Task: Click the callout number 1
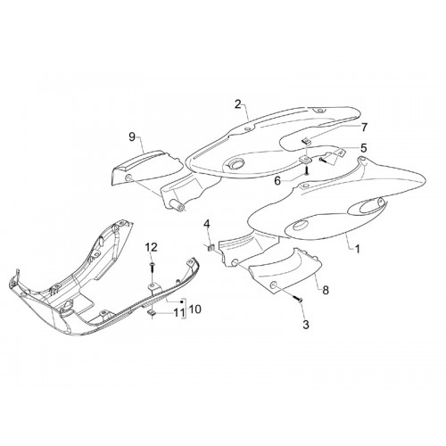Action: [x=357, y=249]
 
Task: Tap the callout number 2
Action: [x=238, y=104]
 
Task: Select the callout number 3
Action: [x=306, y=325]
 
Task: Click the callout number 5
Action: [x=363, y=148]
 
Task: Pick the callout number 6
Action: [x=277, y=180]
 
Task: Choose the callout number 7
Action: [x=364, y=128]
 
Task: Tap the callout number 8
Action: [x=326, y=290]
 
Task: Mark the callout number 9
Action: [x=132, y=137]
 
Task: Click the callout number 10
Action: [x=194, y=310]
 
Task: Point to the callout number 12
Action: [x=152, y=247]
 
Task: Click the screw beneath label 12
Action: [x=153, y=268]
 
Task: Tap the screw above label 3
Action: [x=298, y=299]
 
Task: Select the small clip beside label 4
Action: [x=211, y=247]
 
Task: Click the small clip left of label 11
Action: [x=152, y=312]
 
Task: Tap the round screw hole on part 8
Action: [x=273, y=285]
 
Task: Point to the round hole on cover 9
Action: [x=128, y=178]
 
